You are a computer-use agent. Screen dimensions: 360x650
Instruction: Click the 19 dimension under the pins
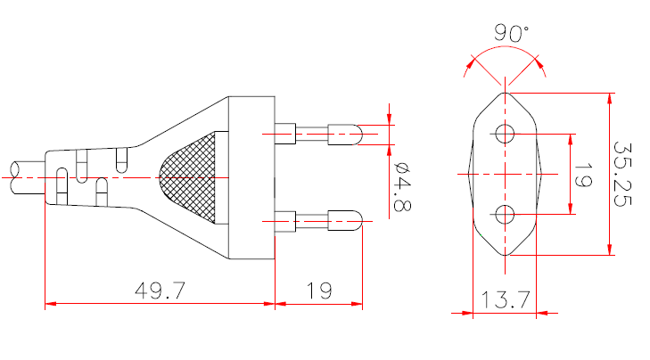point(318,290)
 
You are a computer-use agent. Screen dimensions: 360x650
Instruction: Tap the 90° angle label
point(511,34)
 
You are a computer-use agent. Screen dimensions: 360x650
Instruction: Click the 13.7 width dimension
point(504,299)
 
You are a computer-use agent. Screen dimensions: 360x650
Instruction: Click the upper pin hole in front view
point(505,135)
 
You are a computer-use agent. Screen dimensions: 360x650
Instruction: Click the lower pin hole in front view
point(505,214)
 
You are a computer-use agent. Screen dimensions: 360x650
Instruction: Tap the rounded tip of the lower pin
point(357,218)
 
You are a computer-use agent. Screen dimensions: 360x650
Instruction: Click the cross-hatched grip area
point(193,178)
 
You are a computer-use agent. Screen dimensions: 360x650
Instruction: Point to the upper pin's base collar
point(286,135)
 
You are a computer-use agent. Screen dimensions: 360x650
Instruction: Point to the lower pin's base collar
point(286,218)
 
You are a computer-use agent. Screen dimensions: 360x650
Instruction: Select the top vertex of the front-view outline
point(505,92)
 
